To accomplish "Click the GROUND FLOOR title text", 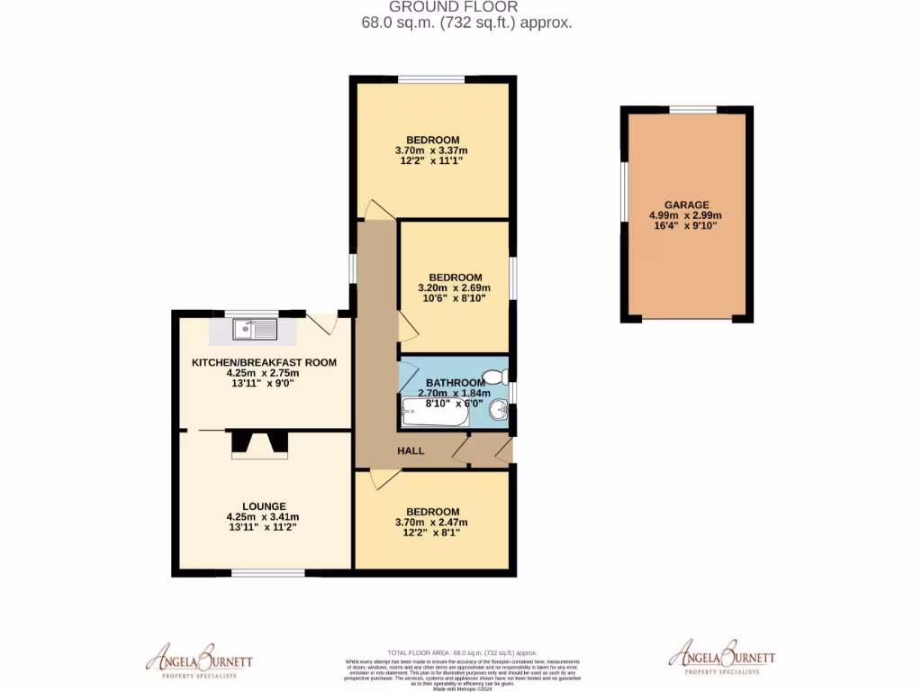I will [460, 7].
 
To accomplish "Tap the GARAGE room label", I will [686, 205].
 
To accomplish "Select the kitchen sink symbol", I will [254, 330].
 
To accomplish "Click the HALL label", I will [411, 451].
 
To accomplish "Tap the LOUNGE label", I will [263, 505].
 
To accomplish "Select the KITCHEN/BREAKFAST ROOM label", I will [264, 362].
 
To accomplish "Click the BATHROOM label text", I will [456, 382].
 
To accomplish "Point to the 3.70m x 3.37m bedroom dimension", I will [431, 150].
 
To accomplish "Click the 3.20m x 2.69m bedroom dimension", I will [455, 288].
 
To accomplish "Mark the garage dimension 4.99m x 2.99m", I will [686, 216].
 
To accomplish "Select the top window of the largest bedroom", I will [432, 79].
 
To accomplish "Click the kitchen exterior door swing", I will [321, 323].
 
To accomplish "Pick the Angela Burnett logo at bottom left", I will [200, 660].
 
